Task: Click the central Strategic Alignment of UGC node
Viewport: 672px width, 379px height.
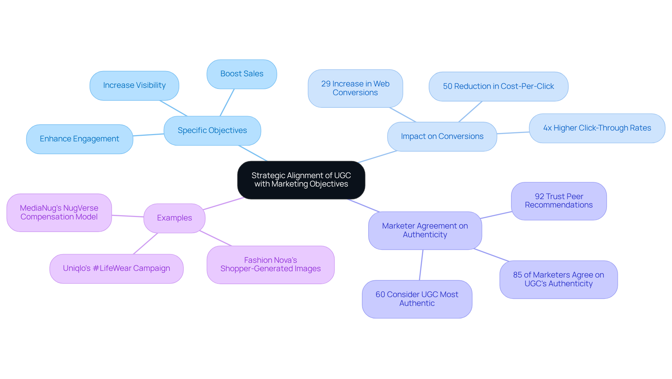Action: (301, 180)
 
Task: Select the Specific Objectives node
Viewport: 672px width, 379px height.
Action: (212, 131)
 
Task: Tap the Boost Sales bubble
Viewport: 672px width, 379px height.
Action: (241, 74)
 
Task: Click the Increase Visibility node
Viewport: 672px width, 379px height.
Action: (134, 85)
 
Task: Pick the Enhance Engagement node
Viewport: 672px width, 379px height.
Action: (79, 139)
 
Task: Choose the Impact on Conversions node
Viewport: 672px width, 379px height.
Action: (442, 136)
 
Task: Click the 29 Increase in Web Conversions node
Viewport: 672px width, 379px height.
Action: (355, 88)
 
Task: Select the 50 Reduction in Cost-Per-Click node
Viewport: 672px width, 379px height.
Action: (498, 86)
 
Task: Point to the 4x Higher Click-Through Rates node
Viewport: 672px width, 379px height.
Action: (597, 128)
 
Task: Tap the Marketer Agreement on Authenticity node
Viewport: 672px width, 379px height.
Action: (425, 230)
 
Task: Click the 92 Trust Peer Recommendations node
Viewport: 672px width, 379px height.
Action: (559, 201)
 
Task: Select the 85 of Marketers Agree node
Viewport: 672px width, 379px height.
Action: (558, 279)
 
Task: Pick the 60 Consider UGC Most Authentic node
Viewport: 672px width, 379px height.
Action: (416, 299)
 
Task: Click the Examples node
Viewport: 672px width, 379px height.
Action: (174, 218)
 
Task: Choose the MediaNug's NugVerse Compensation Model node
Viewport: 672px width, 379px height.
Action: (59, 212)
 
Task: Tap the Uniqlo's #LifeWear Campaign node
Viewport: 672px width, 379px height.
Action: (116, 268)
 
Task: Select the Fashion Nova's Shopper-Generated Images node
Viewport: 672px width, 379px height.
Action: (270, 265)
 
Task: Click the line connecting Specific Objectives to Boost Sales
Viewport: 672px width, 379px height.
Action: (227, 103)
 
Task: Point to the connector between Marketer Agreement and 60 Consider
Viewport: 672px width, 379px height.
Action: (421, 265)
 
